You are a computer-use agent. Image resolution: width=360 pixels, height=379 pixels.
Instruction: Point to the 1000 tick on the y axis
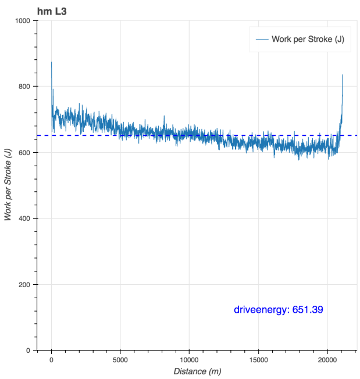coord(25,21)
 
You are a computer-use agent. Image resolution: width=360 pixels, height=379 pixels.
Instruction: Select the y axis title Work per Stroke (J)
coord(8,185)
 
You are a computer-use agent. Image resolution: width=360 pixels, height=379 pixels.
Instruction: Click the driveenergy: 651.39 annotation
coord(279,310)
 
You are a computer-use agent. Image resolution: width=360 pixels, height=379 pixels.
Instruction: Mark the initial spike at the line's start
coord(52,63)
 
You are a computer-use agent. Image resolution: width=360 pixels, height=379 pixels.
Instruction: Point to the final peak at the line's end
coord(343,76)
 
